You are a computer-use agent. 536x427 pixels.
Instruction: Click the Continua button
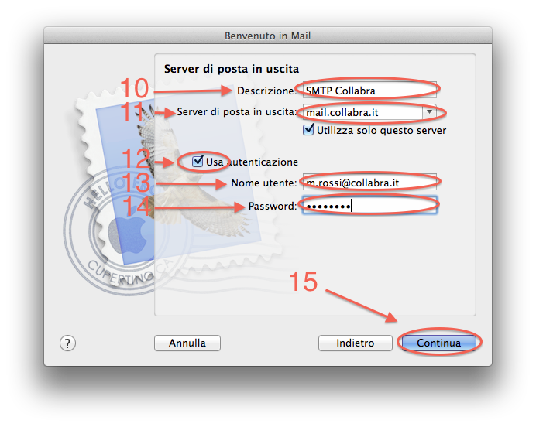[439, 343]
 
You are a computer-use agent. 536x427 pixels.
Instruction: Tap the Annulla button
[187, 343]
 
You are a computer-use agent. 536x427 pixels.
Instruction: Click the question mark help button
[67, 343]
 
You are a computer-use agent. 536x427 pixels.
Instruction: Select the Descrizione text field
[369, 90]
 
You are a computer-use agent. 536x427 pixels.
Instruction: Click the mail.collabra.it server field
[362, 112]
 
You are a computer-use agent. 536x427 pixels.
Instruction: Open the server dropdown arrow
[429, 112]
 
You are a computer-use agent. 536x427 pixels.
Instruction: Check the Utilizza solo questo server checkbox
[308, 130]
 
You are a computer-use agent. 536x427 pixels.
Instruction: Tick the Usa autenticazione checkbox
[198, 161]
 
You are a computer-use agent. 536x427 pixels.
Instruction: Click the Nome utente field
[369, 182]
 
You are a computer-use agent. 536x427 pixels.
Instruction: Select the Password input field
[369, 205]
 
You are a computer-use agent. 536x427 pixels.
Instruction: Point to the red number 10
[134, 87]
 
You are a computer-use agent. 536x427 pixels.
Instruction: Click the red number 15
[303, 282]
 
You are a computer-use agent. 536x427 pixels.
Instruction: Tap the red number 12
[136, 158]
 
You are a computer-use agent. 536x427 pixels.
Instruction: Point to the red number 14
[136, 207]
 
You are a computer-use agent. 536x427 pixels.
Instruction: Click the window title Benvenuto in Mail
[268, 36]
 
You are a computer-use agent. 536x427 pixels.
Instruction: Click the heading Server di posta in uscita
[232, 69]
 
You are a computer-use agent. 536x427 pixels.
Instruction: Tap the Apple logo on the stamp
[127, 235]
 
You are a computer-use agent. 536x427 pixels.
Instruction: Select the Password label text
[273, 207]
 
